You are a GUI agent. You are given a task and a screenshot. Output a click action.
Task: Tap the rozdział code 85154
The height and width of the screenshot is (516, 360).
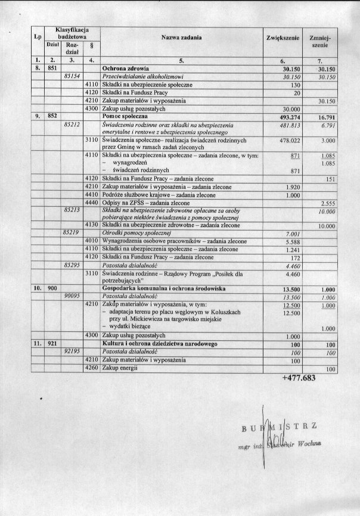[72, 77]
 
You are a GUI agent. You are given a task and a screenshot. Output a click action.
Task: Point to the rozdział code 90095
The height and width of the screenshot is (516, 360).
[72, 296]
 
